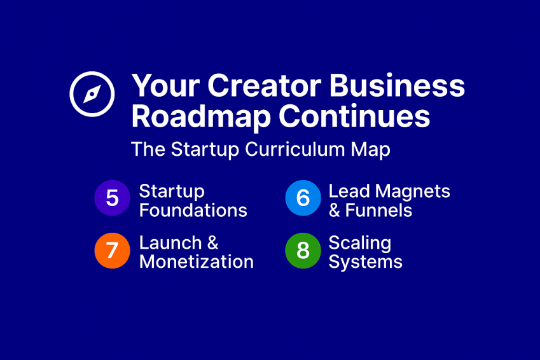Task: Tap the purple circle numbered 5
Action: click(113, 198)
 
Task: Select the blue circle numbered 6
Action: click(303, 198)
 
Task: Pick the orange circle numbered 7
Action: click(113, 251)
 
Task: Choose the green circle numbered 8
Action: click(303, 251)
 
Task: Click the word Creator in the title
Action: click(265, 85)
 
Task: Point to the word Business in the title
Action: click(398, 85)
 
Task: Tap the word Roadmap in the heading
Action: click(201, 117)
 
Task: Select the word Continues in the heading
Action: click(354, 116)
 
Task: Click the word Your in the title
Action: click(165, 85)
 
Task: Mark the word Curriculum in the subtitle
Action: click(294, 149)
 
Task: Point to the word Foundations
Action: click(193, 210)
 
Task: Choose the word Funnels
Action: click(378, 210)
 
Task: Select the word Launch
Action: click(170, 243)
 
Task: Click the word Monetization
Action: click(197, 262)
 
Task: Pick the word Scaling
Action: click(360, 244)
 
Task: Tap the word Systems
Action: click(365, 263)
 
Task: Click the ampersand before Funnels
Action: click(335, 210)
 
